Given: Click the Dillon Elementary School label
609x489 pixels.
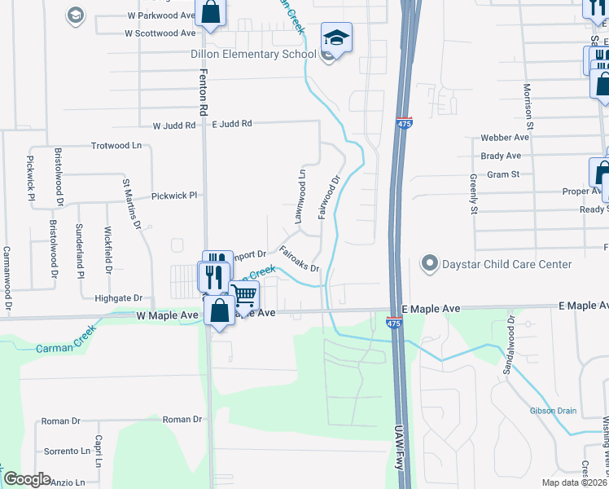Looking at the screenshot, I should (252, 55).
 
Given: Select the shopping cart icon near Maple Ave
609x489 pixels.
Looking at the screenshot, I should (244, 295).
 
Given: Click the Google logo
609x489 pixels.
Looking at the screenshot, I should (27, 479).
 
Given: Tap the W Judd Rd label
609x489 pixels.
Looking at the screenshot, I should (174, 126).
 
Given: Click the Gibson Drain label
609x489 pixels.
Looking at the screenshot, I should (554, 410).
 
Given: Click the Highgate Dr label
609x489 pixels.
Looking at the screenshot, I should (119, 298).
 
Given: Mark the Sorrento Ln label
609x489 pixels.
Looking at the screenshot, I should (67, 451).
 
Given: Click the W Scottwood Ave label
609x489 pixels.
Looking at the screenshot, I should (160, 33).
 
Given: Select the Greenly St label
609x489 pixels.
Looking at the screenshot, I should (473, 193).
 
